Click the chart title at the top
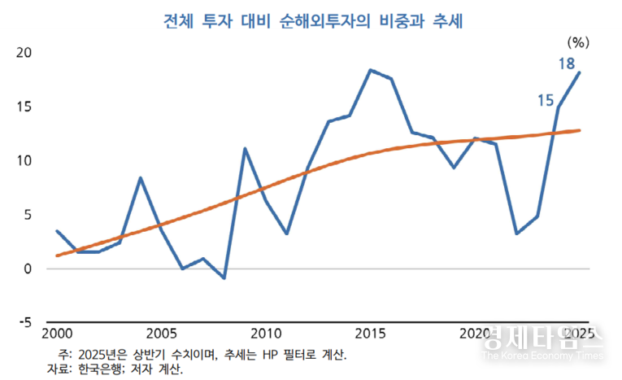click(x=311, y=21)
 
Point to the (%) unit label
click(x=578, y=42)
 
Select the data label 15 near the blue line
click(x=546, y=99)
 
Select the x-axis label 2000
click(x=57, y=334)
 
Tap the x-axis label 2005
click(x=161, y=334)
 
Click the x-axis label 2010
click(x=266, y=334)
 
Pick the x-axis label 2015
click(x=371, y=334)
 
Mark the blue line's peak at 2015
click(x=371, y=70)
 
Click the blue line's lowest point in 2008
click(x=224, y=278)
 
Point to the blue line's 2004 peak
click(x=141, y=177)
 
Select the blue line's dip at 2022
click(x=517, y=234)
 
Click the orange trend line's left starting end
click(x=57, y=256)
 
